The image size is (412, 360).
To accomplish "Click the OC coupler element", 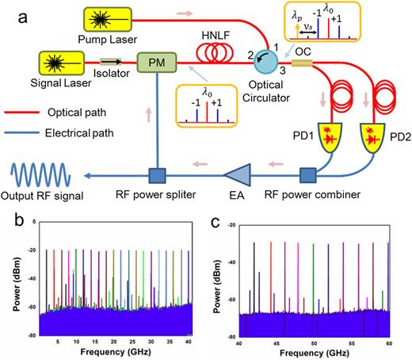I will point(303,62).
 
